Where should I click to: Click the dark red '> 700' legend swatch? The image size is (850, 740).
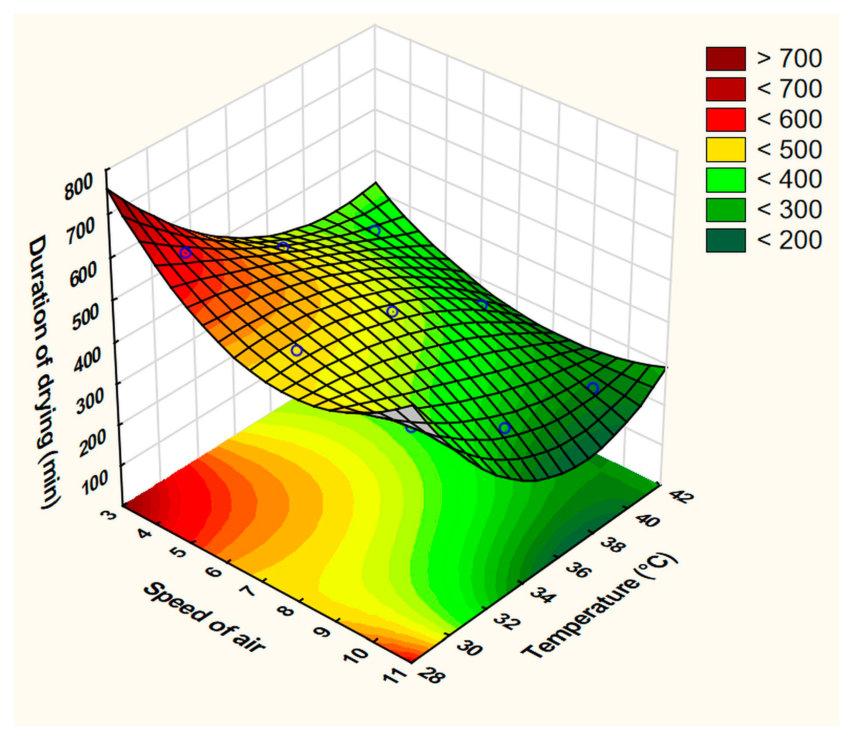coord(725,58)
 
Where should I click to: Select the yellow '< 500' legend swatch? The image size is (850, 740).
coord(725,149)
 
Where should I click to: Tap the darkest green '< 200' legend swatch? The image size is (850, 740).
coord(725,240)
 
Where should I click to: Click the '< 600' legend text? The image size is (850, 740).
coord(789,119)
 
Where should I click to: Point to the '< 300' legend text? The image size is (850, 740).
coord(789,209)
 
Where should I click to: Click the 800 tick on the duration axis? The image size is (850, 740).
coord(79,187)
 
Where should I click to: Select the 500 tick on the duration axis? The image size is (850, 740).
coord(86,315)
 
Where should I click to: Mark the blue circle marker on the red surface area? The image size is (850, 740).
coord(185,253)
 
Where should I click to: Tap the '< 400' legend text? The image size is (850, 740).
coord(789,179)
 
